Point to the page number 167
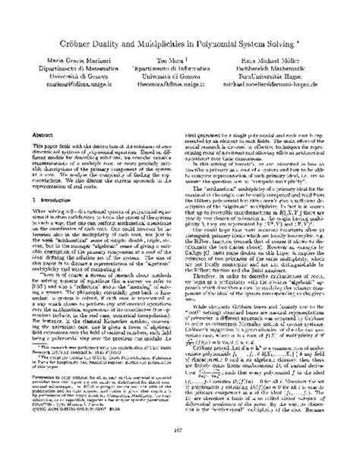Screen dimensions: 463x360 [180, 451]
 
